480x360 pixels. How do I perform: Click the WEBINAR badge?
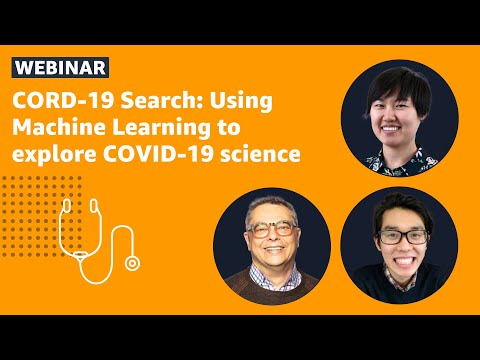[x=61, y=67]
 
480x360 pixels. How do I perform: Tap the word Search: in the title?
[x=150, y=103]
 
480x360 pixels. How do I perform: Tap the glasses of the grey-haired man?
[x=270, y=229]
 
